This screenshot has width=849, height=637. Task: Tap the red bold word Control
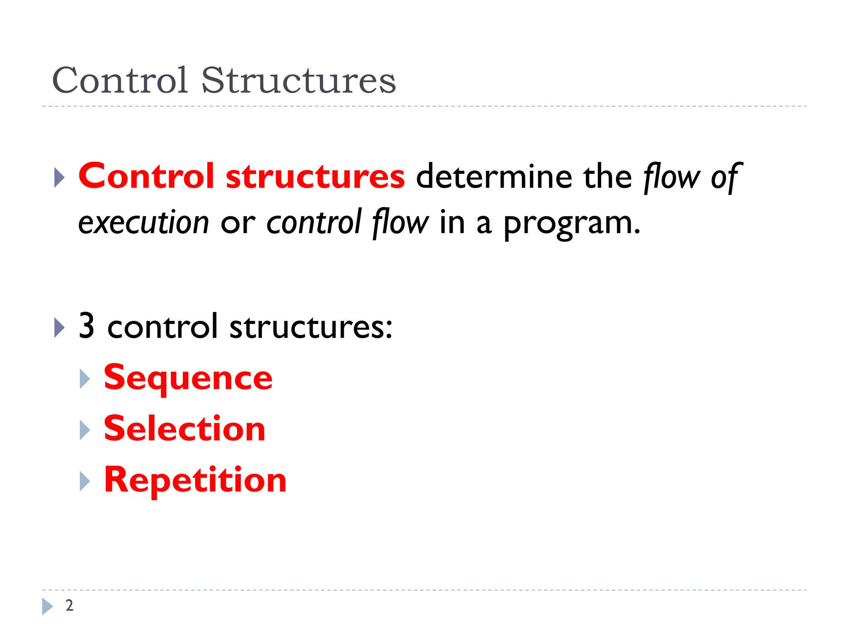pyautogui.click(x=146, y=176)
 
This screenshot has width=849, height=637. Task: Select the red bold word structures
pyautogui.click(x=315, y=177)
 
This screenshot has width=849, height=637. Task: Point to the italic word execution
pyautogui.click(x=143, y=223)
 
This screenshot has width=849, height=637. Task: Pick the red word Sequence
pyautogui.click(x=188, y=378)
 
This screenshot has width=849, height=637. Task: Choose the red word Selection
pyautogui.click(x=184, y=429)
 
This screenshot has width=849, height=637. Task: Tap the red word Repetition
pyautogui.click(x=195, y=480)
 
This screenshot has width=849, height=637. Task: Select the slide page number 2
pyautogui.click(x=69, y=605)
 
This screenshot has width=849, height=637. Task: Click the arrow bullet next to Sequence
pyautogui.click(x=85, y=379)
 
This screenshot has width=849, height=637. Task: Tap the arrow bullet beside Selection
pyautogui.click(x=85, y=430)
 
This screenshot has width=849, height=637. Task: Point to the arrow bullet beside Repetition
pyautogui.click(x=85, y=481)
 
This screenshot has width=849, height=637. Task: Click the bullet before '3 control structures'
pyautogui.click(x=60, y=328)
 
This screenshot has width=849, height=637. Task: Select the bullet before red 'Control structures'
pyautogui.click(x=60, y=177)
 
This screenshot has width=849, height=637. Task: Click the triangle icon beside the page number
pyautogui.click(x=47, y=606)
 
